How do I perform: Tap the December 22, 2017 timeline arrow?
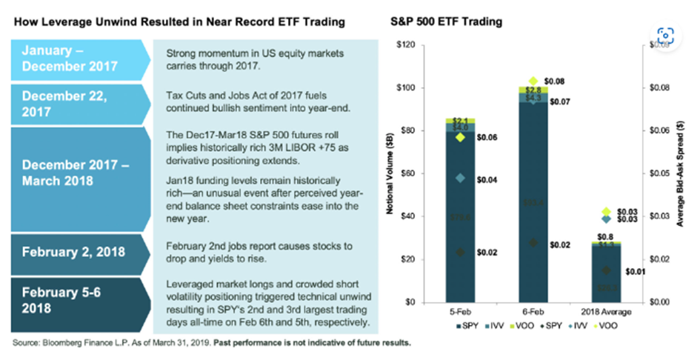(70, 104)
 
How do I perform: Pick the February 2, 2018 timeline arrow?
(70, 252)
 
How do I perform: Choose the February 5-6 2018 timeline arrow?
(70, 299)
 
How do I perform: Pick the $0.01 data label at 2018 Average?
(630, 271)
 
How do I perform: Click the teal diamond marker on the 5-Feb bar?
(460, 178)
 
